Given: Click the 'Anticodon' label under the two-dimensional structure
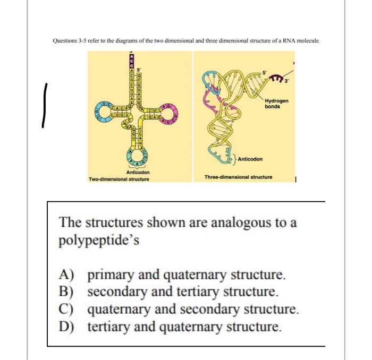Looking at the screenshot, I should tap(137, 173).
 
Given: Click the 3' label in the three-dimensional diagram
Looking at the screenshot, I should tap(288, 82).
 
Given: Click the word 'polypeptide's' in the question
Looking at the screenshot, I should tap(99, 239).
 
